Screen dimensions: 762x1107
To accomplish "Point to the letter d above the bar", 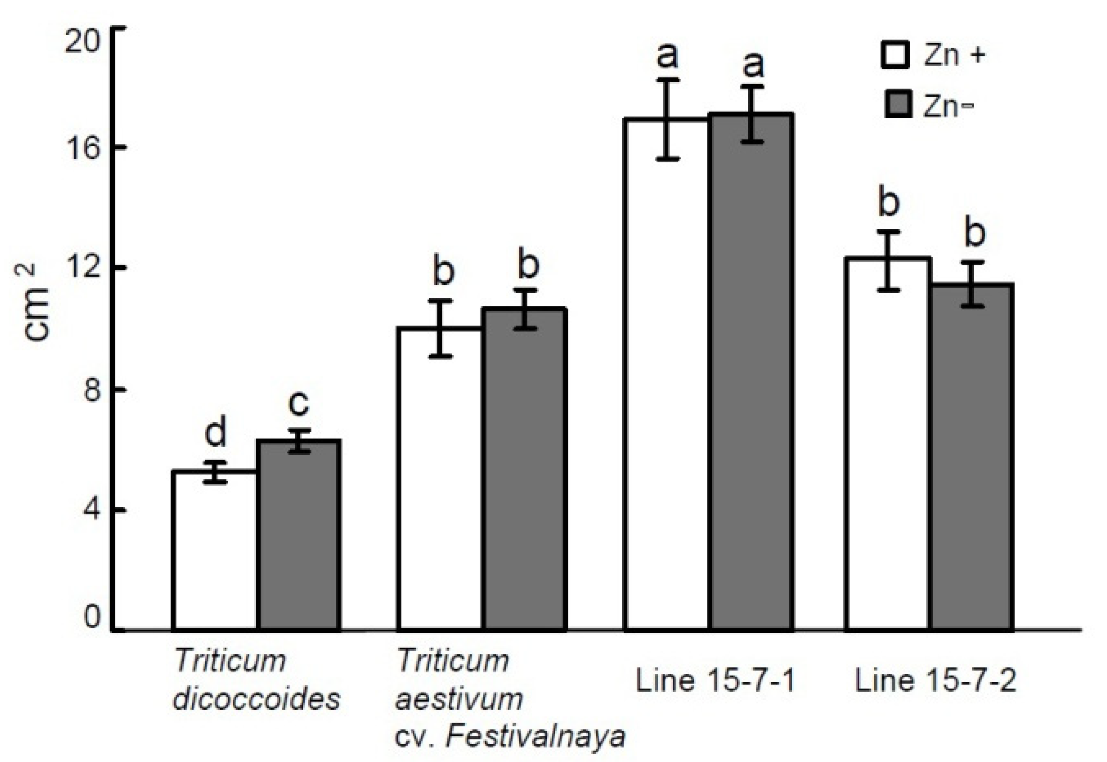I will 215,433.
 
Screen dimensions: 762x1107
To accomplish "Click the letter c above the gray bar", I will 299,403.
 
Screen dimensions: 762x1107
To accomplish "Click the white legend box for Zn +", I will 895,54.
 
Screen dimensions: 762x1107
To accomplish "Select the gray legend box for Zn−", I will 897,104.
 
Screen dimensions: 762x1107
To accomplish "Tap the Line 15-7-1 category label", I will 715,680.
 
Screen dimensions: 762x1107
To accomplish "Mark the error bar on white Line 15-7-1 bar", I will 668,120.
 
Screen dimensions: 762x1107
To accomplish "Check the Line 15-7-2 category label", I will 936,680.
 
